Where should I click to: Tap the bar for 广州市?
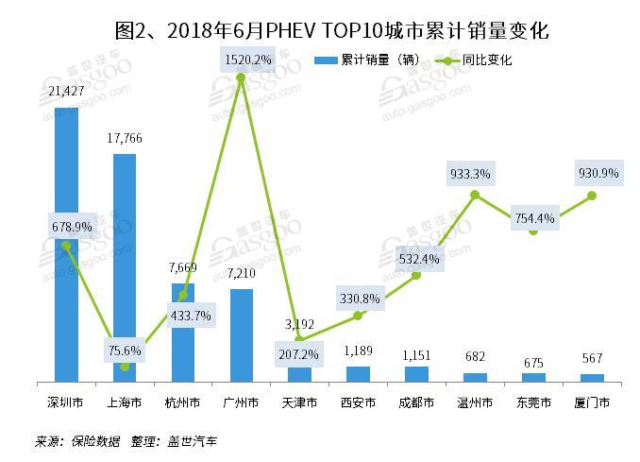241,334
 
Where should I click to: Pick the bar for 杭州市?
183,332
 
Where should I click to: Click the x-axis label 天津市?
299,402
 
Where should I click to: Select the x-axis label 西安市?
358,402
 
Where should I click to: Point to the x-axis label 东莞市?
533,402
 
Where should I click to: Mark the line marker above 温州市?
475,195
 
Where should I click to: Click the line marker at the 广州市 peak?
241,77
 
